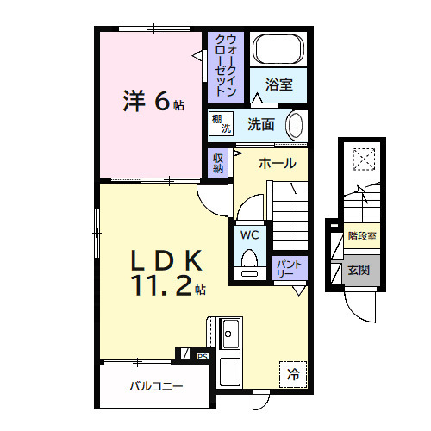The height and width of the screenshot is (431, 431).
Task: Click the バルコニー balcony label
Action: [x=157, y=387]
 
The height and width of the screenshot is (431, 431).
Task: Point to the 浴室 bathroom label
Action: [x=278, y=85]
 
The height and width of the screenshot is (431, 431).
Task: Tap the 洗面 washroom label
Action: [x=261, y=125]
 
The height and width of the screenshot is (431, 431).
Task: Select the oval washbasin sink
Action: [x=296, y=125]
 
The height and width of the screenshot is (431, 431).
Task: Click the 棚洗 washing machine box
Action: [x=222, y=124]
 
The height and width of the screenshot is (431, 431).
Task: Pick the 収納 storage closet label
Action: [x=218, y=163]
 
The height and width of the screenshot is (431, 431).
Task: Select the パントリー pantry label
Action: [x=284, y=268]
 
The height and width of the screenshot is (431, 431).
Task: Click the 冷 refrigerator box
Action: [x=293, y=374]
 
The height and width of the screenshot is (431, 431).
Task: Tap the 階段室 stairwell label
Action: [x=360, y=234]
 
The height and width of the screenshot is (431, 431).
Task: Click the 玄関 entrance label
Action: [x=359, y=270]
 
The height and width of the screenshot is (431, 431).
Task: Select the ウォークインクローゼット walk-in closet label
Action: [x=226, y=65]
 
